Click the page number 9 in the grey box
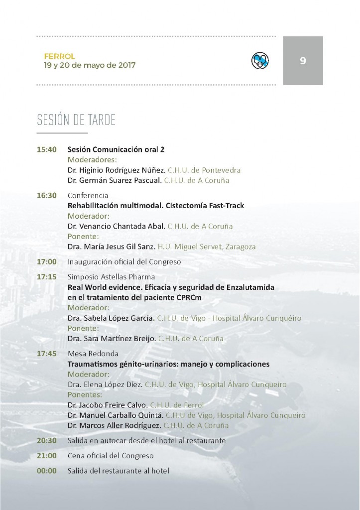pyautogui.click(x=303, y=61)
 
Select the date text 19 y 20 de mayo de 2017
pyautogui.click(x=89, y=65)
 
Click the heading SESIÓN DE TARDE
pyautogui.click(x=76, y=121)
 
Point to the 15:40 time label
pyautogui.click(x=47, y=149)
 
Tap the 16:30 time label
pyautogui.click(x=47, y=196)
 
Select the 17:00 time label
pyautogui.click(x=47, y=261)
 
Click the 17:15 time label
pyautogui.click(x=47, y=277)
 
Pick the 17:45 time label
pyautogui.click(x=47, y=354)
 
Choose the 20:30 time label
pyautogui.click(x=47, y=441)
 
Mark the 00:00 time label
pyautogui.click(x=47, y=471)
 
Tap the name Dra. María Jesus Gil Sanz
pyautogui.click(x=111, y=247)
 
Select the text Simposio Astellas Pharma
pyautogui.click(x=111, y=277)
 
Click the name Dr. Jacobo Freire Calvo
pyautogui.click(x=107, y=405)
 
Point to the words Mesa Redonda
pyautogui.click(x=93, y=354)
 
